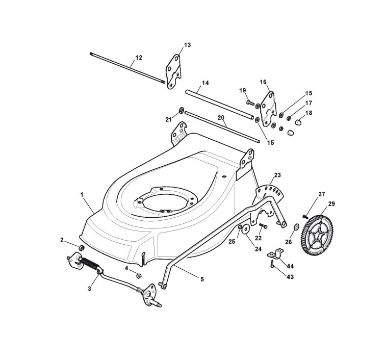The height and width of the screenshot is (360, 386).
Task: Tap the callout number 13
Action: tap(187, 45)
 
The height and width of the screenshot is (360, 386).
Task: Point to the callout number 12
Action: tap(139, 57)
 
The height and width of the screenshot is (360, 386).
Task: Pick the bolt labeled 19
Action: tap(250, 102)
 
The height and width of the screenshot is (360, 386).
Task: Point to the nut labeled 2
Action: tap(80, 248)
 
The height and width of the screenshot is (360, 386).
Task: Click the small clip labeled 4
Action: tap(138, 275)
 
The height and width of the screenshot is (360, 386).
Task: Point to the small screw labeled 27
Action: tap(305, 217)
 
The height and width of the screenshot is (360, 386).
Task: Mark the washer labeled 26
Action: tap(297, 226)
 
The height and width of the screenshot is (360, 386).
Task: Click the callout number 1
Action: tap(82, 194)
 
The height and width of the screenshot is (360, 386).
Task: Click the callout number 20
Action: tap(221, 117)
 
